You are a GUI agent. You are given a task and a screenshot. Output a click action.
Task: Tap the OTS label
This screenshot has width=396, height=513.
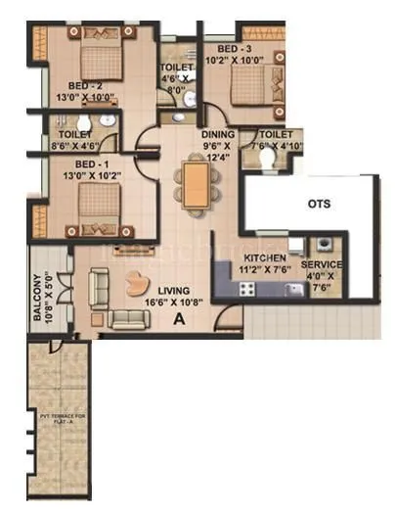point(319,205)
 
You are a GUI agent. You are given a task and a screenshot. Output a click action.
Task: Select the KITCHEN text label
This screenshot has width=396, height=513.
point(264,258)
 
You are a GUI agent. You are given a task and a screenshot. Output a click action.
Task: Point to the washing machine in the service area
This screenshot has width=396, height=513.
point(321,246)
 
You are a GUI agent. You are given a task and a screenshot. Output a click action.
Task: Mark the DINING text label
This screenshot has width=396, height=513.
point(217,136)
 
